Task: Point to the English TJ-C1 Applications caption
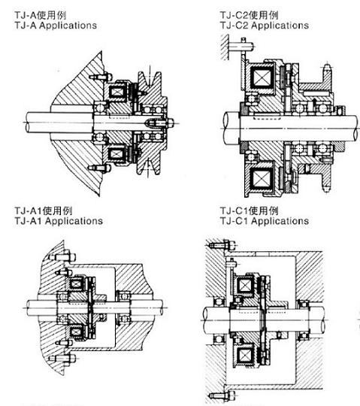(256, 222)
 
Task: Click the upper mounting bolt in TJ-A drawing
(95, 77)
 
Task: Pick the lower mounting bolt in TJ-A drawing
(95, 167)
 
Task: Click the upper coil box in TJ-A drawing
(119, 93)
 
